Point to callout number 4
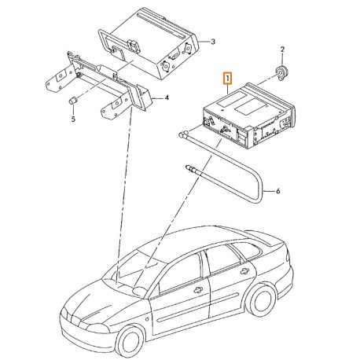tap(167, 98)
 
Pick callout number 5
tap(74, 119)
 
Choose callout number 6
tap(278, 190)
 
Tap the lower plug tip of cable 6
tap(189, 166)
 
